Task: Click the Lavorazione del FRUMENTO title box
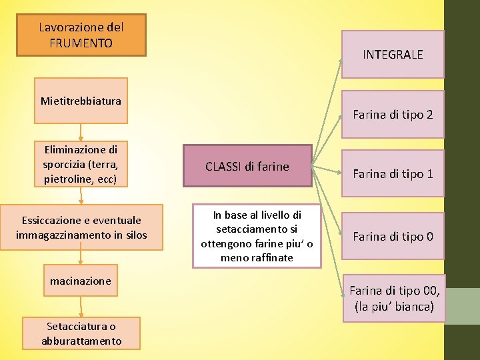pos(81,35)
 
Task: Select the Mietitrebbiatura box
pos(81,101)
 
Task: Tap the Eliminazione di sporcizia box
pos(81,164)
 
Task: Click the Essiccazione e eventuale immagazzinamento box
pos(81,227)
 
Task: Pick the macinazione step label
pos(81,281)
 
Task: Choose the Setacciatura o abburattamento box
pos(81,333)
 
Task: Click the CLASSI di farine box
pos(247,166)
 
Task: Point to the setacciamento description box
pos(257,236)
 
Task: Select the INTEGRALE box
pos(393,55)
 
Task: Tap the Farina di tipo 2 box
pos(393,115)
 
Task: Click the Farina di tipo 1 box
pos(393,174)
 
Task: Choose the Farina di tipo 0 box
pos(393,236)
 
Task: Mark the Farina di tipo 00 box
pos(394,299)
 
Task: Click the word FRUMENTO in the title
pos(81,43)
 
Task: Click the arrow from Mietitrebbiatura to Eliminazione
pos(81,132)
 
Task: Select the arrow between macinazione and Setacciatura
pos(81,305)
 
